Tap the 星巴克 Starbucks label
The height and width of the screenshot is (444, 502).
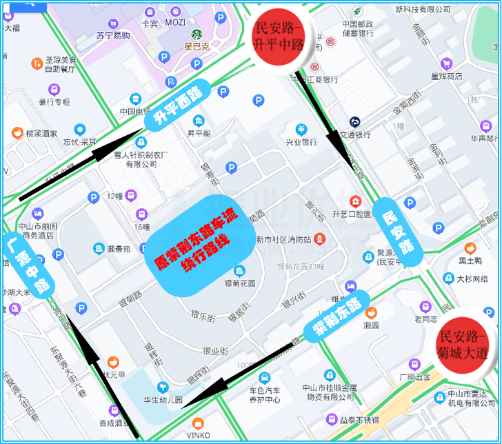197,46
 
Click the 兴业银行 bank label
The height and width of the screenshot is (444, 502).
301,141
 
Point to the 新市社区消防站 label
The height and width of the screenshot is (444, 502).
283,239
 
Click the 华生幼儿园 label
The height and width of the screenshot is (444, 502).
163,398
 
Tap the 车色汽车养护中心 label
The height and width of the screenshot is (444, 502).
265,394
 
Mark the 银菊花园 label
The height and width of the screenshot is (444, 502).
239,282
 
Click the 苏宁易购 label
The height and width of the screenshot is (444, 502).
113,35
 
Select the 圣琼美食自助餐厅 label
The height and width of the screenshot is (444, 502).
61,64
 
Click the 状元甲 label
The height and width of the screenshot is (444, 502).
113,374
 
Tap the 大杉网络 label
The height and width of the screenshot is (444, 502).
472,279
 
